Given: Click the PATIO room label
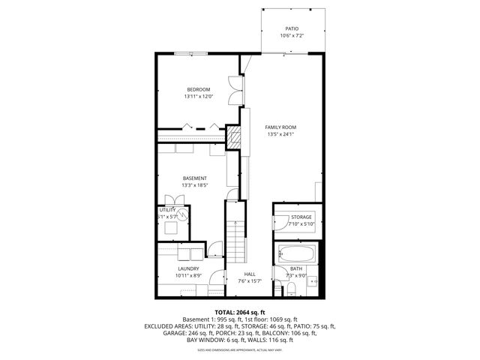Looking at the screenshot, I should (291, 28).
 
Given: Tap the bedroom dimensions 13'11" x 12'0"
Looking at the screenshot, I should (199, 97).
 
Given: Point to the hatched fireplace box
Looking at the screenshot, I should (234, 137).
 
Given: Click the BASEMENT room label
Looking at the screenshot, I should (194, 178).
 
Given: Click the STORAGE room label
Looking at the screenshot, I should (301, 217).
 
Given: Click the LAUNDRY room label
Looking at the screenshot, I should (188, 268).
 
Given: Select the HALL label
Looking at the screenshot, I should (249, 274).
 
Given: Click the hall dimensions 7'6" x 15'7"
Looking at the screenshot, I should (249, 281).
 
